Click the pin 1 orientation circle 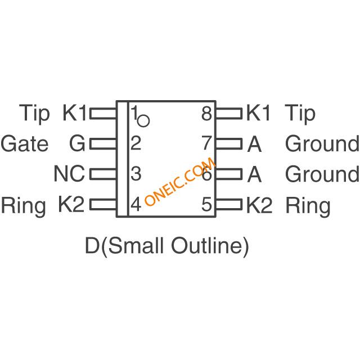143,121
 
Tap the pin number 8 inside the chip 206,114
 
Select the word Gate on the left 25,144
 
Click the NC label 69,174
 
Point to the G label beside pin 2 77,144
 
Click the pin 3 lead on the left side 103,174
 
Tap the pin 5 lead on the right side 229,205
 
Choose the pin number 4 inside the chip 136,204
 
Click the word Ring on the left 24,206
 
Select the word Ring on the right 308,206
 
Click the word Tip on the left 34,114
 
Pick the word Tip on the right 300,114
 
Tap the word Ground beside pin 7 322,144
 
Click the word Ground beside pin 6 322,174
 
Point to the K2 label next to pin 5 259,205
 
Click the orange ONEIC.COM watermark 180,181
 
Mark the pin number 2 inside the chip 136,143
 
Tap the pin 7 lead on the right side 229,144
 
